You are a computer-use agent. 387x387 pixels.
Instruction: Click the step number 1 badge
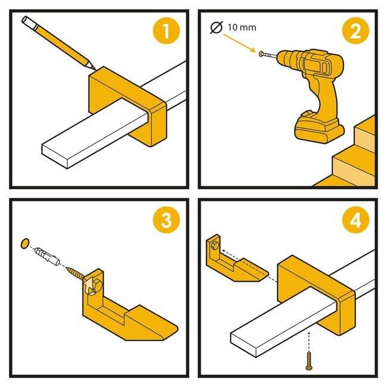(x=166, y=31)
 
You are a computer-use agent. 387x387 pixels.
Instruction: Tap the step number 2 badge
(x=355, y=31)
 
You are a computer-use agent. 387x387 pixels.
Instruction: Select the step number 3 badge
(x=166, y=220)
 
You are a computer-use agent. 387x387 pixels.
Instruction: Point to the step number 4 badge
(x=355, y=220)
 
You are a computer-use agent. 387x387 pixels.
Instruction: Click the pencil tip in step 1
(x=95, y=69)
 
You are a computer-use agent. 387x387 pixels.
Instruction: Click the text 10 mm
(x=242, y=27)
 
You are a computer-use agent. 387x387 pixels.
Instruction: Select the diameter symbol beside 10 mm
(x=217, y=27)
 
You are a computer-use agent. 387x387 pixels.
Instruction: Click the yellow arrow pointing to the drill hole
(x=239, y=43)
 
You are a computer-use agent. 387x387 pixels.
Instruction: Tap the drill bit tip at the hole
(x=261, y=54)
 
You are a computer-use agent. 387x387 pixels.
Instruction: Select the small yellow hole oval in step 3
(x=25, y=244)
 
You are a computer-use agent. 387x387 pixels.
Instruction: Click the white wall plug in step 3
(x=48, y=256)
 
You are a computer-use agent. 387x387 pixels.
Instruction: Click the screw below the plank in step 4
(x=309, y=361)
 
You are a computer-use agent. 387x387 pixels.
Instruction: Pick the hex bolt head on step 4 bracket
(x=215, y=245)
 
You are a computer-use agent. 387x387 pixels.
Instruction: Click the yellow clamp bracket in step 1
(x=127, y=104)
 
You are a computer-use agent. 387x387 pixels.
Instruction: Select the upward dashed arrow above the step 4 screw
(x=309, y=342)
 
